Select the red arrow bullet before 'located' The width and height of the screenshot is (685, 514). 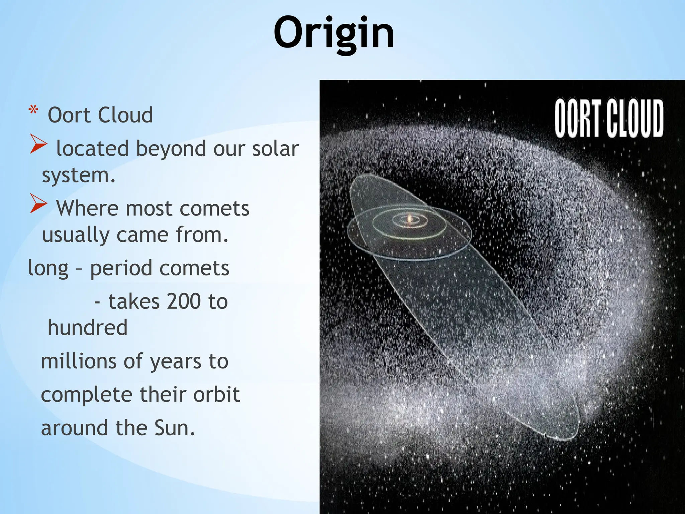[x=38, y=144]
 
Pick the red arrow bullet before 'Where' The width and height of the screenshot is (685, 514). [x=38, y=203]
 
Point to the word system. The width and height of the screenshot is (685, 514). [x=79, y=175]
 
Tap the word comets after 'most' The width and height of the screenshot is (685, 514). [x=214, y=208]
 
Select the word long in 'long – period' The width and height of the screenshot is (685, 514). [x=48, y=269]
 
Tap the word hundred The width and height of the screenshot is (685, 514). [x=88, y=328]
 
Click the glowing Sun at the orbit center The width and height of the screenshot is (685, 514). [x=409, y=219]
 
